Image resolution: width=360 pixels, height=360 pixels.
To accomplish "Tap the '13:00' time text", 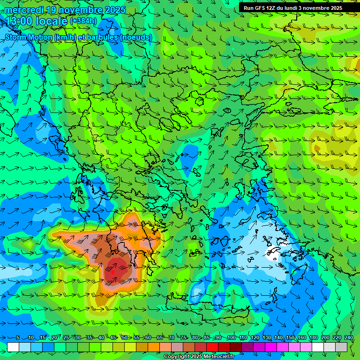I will click(19, 21).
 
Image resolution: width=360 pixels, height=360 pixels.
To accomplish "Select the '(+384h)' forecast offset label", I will click(83, 21).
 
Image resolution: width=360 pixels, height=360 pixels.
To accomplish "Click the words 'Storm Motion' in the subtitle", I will click(29, 37).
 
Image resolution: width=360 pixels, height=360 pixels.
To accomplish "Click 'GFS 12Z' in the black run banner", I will click(267, 7).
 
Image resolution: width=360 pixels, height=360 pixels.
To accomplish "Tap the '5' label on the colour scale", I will click(18, 337).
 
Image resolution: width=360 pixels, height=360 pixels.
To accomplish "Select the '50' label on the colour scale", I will click(125, 337).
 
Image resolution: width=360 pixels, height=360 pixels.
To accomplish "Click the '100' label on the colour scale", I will click(232, 337).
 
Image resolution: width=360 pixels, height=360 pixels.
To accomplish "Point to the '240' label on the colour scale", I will click(349, 337).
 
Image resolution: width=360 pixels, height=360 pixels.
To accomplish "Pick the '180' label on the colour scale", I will click(314, 337).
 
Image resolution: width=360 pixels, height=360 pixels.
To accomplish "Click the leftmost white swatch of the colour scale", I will click(13, 347).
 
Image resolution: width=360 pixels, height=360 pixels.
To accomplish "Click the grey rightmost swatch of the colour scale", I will click(341, 347).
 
